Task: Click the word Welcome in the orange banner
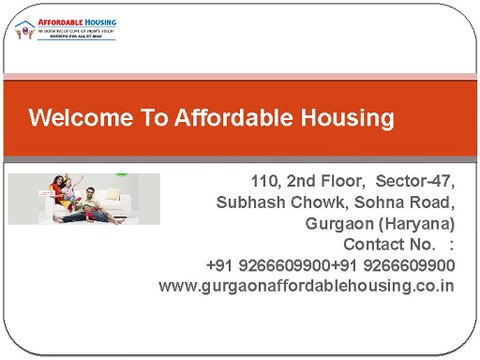(77, 119)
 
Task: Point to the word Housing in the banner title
(344, 119)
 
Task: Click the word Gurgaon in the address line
(343, 223)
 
